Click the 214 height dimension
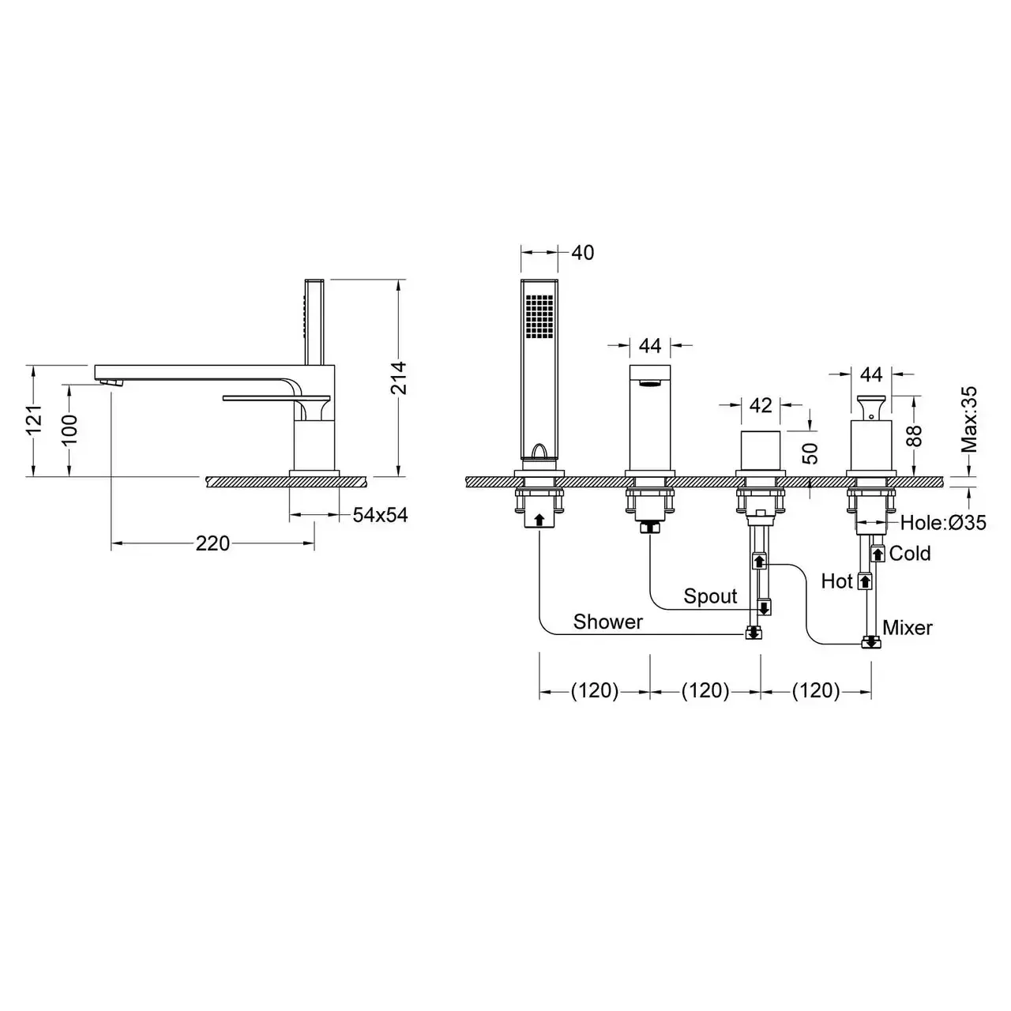pyautogui.click(x=399, y=378)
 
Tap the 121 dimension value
pyautogui.click(x=34, y=420)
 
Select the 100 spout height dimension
pyautogui.click(x=69, y=430)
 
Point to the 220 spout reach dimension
pyautogui.click(x=212, y=543)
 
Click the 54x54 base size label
pyautogui.click(x=380, y=515)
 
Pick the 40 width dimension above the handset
pyautogui.click(x=582, y=253)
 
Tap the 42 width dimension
pyautogui.click(x=761, y=405)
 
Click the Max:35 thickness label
pyautogui.click(x=969, y=419)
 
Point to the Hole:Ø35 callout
pyautogui.click(x=943, y=523)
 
